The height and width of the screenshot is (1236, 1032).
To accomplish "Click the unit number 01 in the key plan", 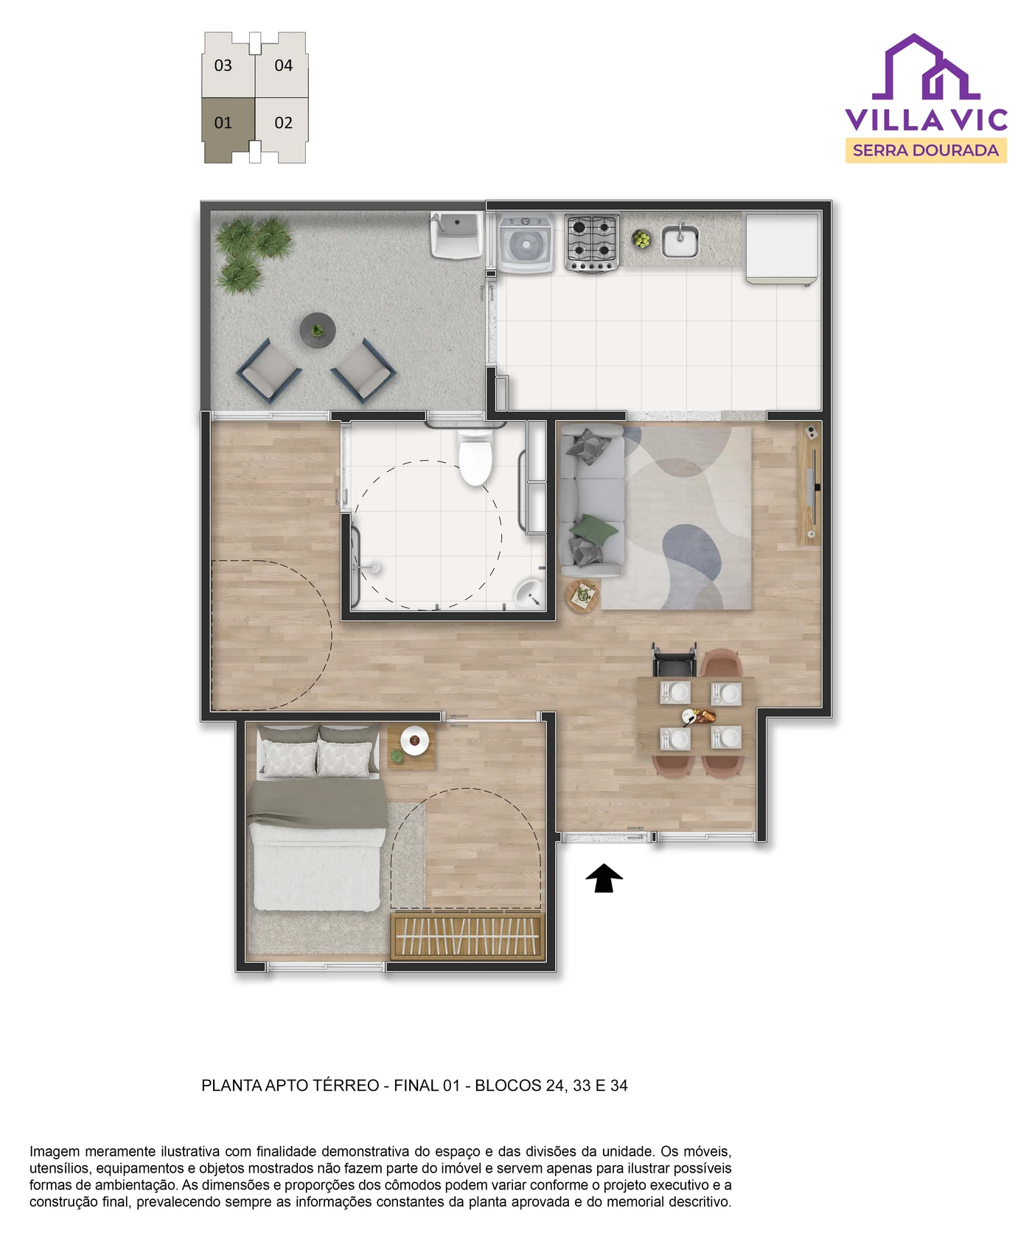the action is tap(223, 123).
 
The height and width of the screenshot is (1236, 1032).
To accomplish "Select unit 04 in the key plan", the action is tap(283, 66).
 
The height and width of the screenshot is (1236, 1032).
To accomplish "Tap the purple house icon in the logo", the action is tap(926, 67).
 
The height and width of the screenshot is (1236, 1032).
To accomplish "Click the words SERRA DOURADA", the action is tap(926, 150).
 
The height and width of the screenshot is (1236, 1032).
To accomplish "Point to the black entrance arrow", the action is tap(604, 878).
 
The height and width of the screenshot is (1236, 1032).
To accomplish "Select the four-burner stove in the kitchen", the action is tap(592, 243).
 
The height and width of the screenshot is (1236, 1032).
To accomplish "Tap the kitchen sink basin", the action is tap(680, 241).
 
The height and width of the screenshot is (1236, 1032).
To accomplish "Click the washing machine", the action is tap(526, 242).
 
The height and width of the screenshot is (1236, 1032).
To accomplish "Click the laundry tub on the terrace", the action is tap(457, 234).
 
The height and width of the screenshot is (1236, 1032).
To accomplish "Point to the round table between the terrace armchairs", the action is tap(318, 330).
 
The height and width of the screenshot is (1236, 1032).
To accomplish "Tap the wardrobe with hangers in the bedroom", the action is tap(467, 936).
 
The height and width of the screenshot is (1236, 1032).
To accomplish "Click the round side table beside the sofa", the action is tap(582, 596).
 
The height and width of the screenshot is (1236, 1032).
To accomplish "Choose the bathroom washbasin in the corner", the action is tap(529, 593).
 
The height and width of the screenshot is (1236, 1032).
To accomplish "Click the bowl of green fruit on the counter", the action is tap(641, 239).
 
